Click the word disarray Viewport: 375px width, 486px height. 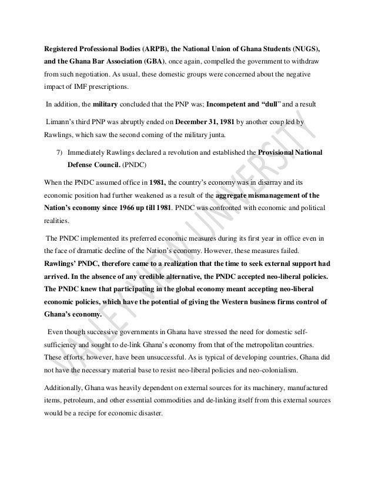coord(272,182)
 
